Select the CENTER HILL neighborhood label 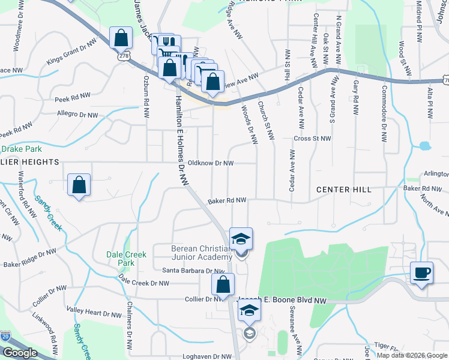(x=344, y=190)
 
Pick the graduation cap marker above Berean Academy (x=241, y=239)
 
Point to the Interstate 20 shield (x=5, y=337)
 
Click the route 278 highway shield (x=124, y=55)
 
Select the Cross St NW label (x=312, y=139)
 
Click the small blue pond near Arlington (x=425, y=146)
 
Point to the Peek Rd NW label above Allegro (x=73, y=95)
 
